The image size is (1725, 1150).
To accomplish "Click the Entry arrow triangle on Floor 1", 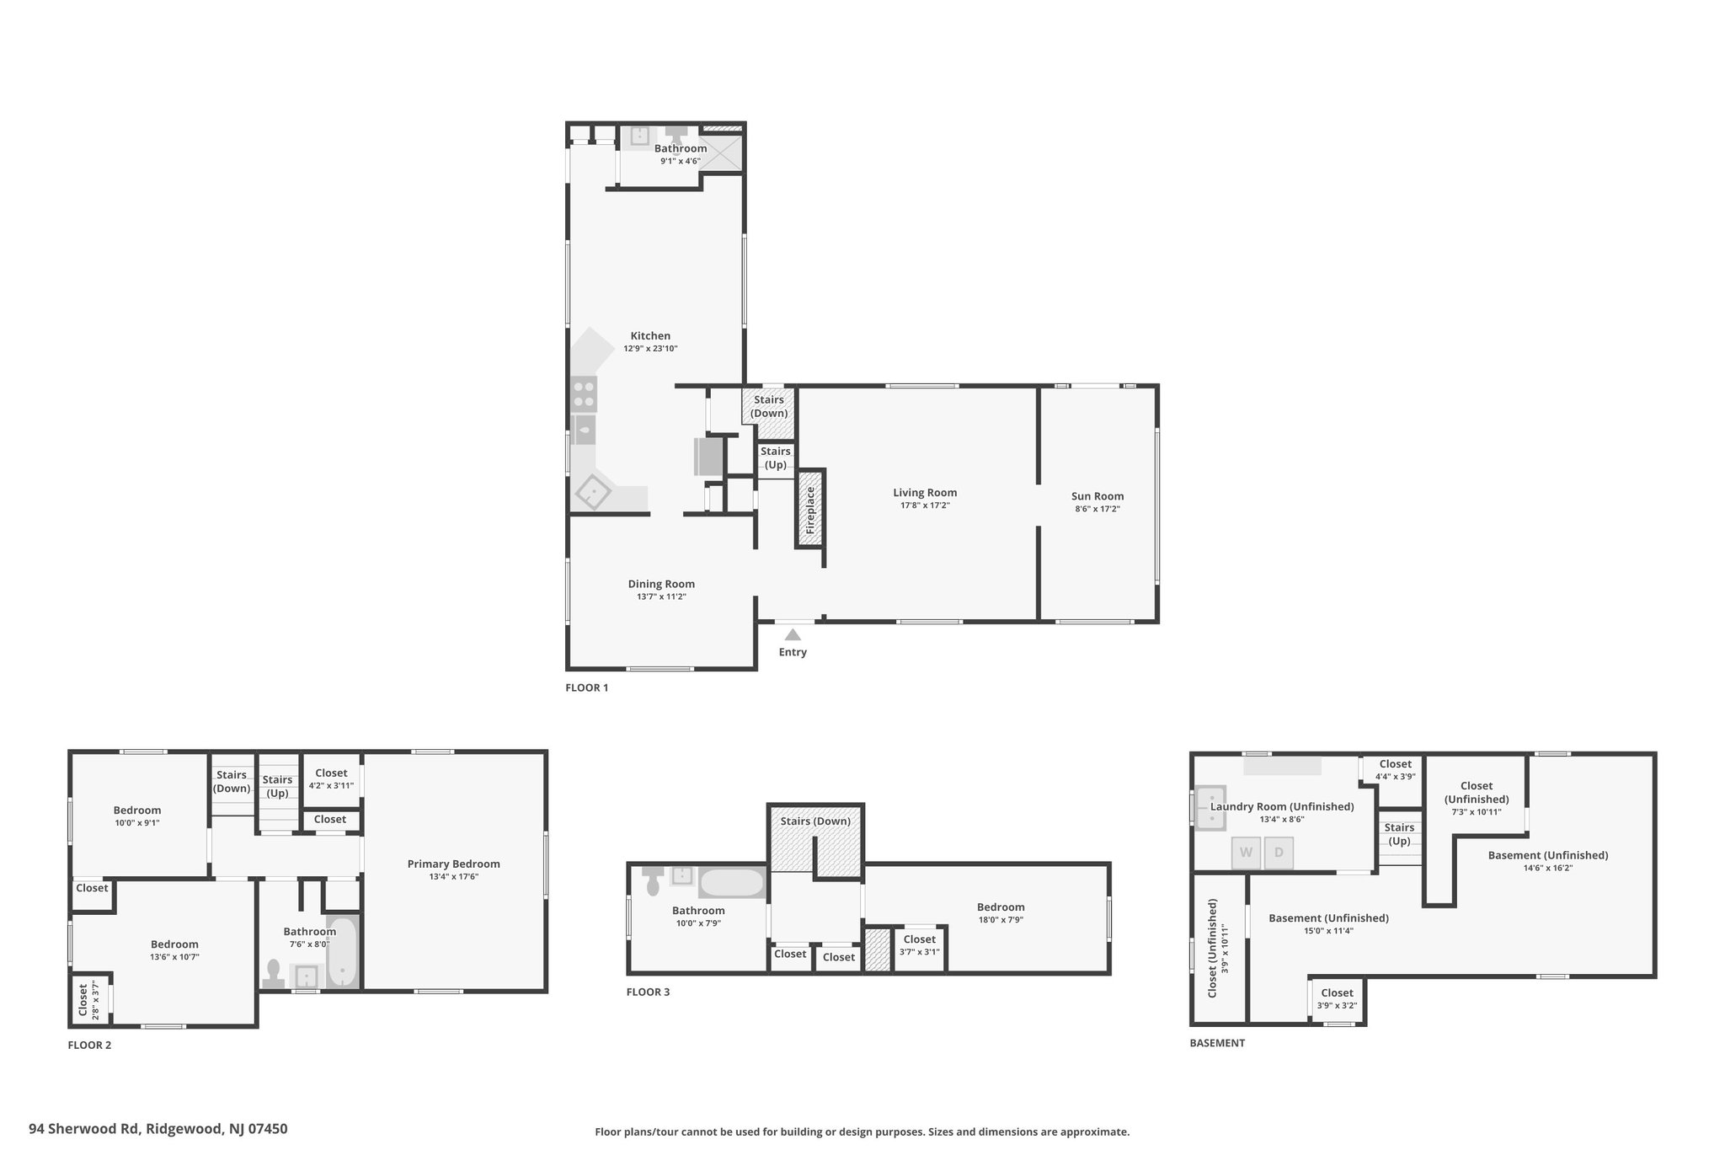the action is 793,634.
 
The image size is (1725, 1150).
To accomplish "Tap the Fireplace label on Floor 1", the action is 810,510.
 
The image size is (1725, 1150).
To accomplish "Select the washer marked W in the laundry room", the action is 1246,853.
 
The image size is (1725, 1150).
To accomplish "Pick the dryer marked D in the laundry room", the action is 1279,853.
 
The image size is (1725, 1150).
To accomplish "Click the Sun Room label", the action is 1097,496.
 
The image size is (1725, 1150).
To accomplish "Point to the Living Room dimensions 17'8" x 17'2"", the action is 925,505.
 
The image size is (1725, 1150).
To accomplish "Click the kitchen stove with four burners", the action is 585,394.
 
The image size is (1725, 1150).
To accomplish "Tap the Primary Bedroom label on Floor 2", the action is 454,864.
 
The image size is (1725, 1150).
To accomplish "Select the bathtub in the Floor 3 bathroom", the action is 732,883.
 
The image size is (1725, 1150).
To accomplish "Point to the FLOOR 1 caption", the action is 586,687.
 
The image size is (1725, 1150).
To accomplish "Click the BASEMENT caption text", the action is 1217,1043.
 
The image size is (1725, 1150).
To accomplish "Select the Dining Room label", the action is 661,584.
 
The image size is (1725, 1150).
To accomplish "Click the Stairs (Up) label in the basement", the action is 1399,834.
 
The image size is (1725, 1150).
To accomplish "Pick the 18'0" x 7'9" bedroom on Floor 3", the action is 1001,913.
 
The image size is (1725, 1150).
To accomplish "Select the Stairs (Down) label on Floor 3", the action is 815,821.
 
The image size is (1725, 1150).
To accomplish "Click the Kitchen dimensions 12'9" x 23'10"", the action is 650,349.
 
